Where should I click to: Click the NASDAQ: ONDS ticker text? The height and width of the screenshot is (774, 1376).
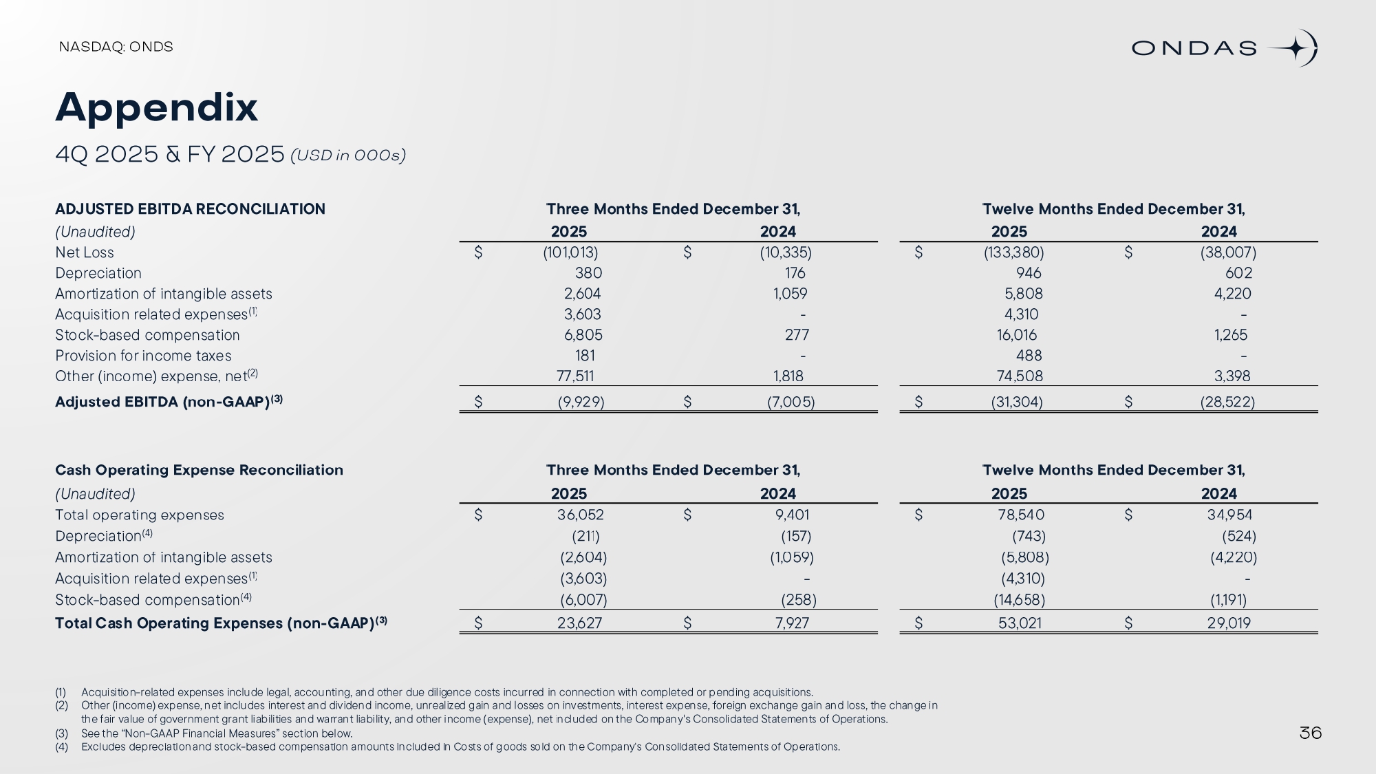[116, 47]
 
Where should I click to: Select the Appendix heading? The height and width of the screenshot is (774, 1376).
[156, 107]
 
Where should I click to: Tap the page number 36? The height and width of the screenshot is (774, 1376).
[1310, 733]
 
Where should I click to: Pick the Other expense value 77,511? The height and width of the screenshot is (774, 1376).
[575, 376]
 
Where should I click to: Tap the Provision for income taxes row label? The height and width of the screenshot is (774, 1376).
[143, 356]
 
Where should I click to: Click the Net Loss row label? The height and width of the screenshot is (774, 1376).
[85, 252]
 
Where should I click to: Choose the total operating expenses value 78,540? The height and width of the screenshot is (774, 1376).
[1021, 515]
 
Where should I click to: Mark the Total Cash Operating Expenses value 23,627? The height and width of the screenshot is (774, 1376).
[579, 623]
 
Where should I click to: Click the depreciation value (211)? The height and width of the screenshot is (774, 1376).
[585, 536]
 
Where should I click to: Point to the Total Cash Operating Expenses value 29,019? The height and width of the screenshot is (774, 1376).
[1229, 623]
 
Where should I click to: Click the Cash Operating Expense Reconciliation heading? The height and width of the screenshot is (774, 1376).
[199, 470]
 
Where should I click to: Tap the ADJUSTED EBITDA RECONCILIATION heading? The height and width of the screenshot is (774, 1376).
[190, 209]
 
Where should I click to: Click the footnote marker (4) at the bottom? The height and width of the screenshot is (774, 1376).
[61, 747]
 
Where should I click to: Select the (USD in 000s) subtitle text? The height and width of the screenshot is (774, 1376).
[348, 155]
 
